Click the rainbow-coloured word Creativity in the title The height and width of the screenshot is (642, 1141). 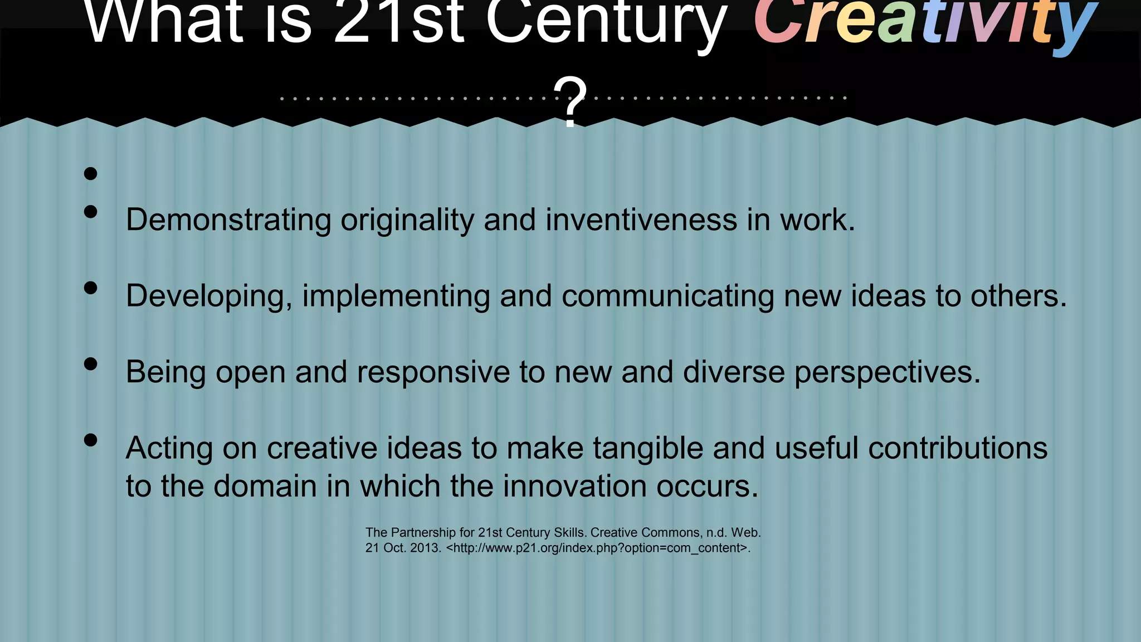point(925,22)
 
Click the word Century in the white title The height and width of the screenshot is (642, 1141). point(606,22)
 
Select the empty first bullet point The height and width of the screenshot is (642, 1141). point(90,174)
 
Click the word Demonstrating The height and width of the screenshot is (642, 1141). point(228,220)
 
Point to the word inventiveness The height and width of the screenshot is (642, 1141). point(641,220)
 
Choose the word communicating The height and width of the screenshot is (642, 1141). point(667,296)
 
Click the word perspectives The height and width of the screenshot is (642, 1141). point(887,372)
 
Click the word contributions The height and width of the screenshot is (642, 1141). point(958,448)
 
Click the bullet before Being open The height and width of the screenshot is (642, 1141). point(90,364)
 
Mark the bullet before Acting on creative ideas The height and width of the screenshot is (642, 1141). point(90,440)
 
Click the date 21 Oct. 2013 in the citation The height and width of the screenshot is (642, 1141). point(403,548)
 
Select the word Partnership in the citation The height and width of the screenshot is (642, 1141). point(424,533)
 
